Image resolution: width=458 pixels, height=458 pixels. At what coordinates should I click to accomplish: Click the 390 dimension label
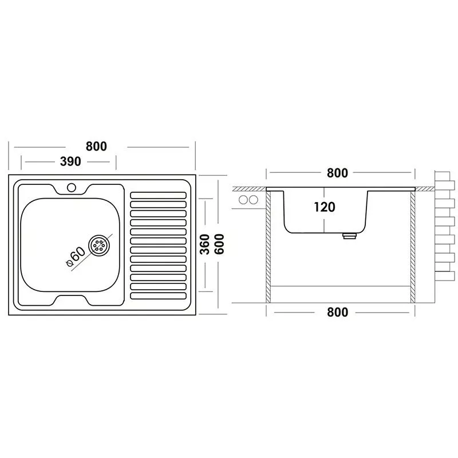[70, 161]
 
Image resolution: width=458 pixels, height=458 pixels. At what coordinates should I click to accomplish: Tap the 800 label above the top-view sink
[96, 146]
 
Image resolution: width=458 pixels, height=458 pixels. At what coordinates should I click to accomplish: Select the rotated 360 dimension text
[205, 244]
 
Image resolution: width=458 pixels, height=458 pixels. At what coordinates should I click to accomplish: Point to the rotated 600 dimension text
[219, 244]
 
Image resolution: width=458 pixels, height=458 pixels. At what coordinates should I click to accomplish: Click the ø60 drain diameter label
[76, 256]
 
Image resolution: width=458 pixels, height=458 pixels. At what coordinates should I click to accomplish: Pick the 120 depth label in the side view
[325, 207]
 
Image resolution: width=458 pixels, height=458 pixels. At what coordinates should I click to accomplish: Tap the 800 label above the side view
[337, 173]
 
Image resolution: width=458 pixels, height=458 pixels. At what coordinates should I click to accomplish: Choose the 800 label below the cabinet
[338, 312]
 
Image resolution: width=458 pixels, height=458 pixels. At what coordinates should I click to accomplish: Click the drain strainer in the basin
[99, 246]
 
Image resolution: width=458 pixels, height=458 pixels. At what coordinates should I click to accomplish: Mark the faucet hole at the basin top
[71, 187]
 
